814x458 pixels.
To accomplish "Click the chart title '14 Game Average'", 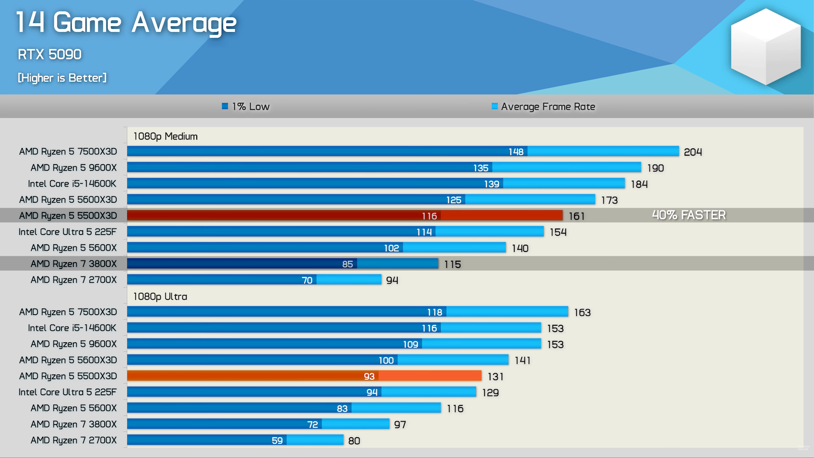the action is coord(126,23).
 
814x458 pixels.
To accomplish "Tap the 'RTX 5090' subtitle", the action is coord(50,54).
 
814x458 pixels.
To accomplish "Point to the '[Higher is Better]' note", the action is coord(62,78).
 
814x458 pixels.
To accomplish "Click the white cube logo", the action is coord(766,46).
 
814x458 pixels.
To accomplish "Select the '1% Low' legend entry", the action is coord(246,106).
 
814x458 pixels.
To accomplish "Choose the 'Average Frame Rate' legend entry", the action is coord(544,106).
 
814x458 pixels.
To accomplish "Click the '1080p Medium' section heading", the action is coord(165,136).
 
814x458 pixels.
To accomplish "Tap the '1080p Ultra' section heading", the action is coord(160,296).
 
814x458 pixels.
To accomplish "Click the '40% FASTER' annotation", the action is coord(689,215).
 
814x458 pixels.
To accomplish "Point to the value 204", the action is coord(693,152).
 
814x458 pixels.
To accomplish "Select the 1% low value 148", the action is coord(516,152).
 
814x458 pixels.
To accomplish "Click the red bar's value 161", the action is coord(577,216).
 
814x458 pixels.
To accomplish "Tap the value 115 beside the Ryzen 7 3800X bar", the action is coord(452,265).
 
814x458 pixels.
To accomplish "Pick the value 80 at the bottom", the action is coord(354,441).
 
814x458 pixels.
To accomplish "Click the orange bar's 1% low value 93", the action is coord(369,377).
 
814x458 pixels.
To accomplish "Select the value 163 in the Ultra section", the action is coord(582,313).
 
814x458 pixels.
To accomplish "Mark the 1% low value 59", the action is coord(277,441).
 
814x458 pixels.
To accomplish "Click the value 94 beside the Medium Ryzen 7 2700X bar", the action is coord(392,280).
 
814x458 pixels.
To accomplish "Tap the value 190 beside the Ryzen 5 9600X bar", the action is coord(655,168).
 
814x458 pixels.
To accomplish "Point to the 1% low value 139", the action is coord(492,184).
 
